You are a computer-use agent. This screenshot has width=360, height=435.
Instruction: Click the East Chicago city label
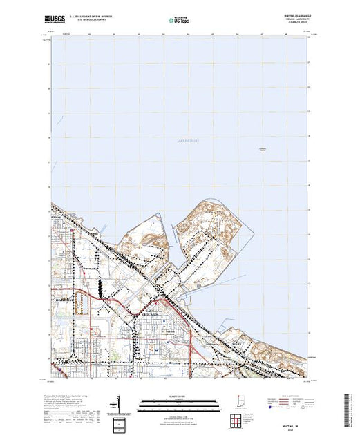coord(153,312)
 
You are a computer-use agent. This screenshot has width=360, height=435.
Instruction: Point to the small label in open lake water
coord(262,150)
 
